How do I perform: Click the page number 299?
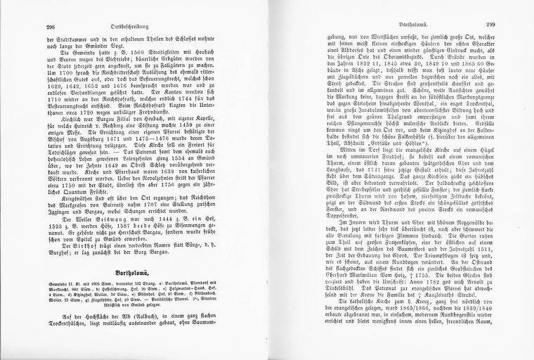click(493, 26)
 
